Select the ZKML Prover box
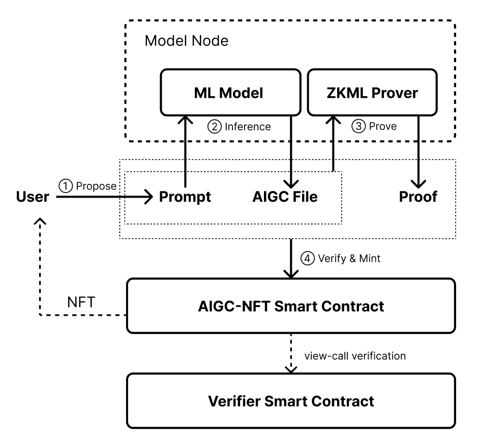pyautogui.click(x=373, y=93)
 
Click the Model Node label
pyautogui.click(x=187, y=41)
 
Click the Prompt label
pyautogui.click(x=185, y=197)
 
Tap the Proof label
pyautogui.click(x=418, y=197)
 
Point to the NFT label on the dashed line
pyautogui.click(x=80, y=301)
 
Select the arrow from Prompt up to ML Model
pyautogui.click(x=185, y=153)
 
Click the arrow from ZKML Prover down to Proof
pyautogui.click(x=418, y=153)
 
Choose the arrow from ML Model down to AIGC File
pyautogui.click(x=290, y=153)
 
